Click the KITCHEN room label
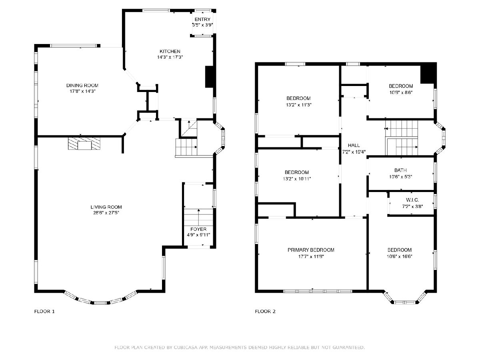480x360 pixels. (170, 51)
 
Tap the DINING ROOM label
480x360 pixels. (82, 86)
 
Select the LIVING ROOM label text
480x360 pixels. (106, 207)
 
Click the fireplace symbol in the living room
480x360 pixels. (84, 144)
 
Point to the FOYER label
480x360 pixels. (198, 229)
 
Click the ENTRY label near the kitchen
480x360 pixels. (202, 19)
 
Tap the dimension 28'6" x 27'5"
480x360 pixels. (106, 213)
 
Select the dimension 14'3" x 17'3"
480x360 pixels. (170, 57)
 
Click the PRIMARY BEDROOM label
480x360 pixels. (311, 250)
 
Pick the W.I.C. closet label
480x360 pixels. (412, 200)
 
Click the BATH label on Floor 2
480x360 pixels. (401, 170)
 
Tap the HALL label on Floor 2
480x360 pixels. (354, 145)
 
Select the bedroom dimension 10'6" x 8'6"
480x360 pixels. (401, 92)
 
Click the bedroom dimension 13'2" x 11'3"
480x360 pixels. (298, 105)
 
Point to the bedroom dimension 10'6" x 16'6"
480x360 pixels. (400, 256)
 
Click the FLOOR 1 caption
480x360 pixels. (44, 312)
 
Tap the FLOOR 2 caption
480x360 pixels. (265, 312)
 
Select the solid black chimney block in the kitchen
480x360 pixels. (209, 77)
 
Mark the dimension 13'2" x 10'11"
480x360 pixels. (297, 179)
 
